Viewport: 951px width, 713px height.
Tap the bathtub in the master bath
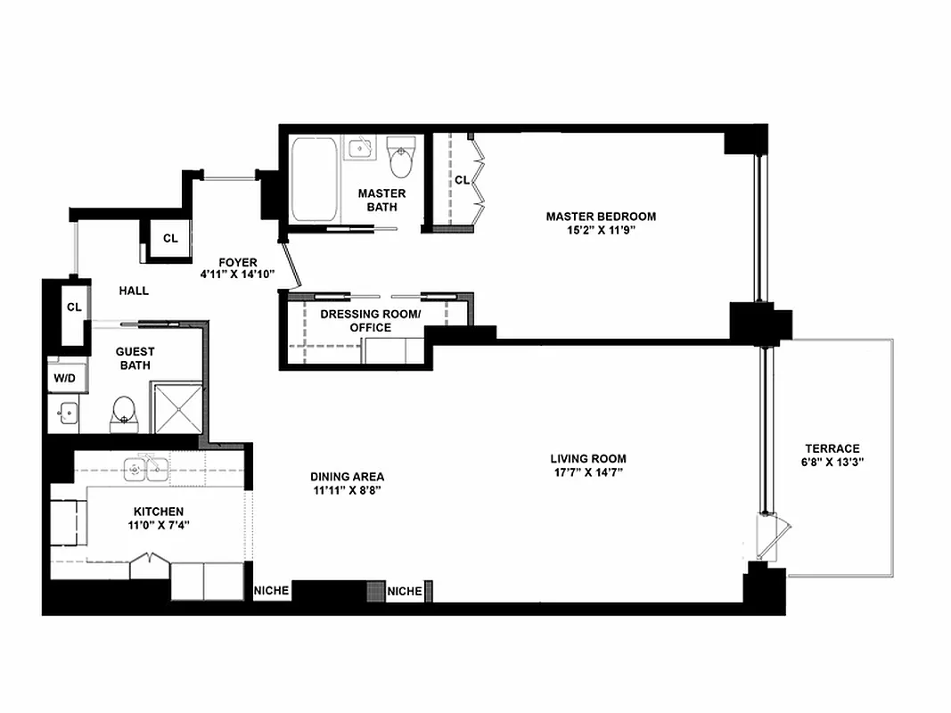pyautogui.click(x=315, y=180)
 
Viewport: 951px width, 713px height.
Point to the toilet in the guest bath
pyautogui.click(x=124, y=412)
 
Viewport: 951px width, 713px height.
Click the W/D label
pyautogui.click(x=65, y=377)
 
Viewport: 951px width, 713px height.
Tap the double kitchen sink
pyautogui.click(x=147, y=468)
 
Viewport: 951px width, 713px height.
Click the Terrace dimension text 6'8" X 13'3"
pyautogui.click(x=832, y=463)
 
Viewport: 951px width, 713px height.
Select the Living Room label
pyautogui.click(x=587, y=459)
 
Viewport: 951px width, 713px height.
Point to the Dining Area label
pyautogui.click(x=348, y=477)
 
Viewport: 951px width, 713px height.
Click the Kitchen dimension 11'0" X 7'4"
pyautogui.click(x=158, y=525)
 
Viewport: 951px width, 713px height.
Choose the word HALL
pyautogui.click(x=134, y=291)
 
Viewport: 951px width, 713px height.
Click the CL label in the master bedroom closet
pyautogui.click(x=462, y=180)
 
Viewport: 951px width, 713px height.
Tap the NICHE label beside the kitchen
pyautogui.click(x=271, y=591)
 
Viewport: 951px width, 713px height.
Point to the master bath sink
pyautogui.click(x=360, y=148)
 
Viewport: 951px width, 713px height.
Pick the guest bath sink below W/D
pyautogui.click(x=65, y=414)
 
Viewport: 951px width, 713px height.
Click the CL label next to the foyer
pyautogui.click(x=170, y=239)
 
